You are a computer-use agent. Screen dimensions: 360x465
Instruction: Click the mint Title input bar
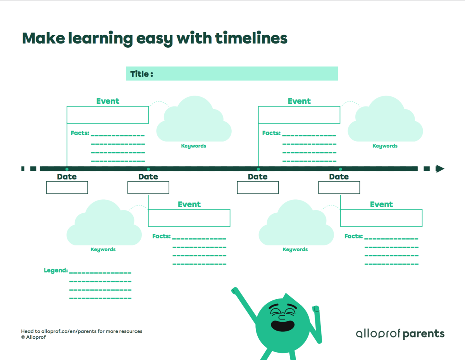point(244,74)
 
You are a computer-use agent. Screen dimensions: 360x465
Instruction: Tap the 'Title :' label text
point(141,74)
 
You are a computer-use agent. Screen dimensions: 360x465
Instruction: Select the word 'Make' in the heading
point(43,38)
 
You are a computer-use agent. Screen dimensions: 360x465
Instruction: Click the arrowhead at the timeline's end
point(440,169)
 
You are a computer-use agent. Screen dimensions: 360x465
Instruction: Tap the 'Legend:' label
point(56,270)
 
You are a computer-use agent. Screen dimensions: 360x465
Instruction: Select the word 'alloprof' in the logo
point(377,334)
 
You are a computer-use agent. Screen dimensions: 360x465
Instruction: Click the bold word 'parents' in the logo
point(424,334)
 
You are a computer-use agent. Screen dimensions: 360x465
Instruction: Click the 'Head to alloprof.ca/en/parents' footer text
point(81,331)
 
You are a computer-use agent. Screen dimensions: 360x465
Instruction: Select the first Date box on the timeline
point(67,187)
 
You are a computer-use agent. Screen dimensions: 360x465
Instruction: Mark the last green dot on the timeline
point(340,169)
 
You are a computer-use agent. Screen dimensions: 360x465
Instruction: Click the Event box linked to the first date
point(108,115)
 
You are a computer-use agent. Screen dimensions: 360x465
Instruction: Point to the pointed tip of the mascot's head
point(286,295)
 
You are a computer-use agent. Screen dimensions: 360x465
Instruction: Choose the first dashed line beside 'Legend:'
point(100,273)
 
